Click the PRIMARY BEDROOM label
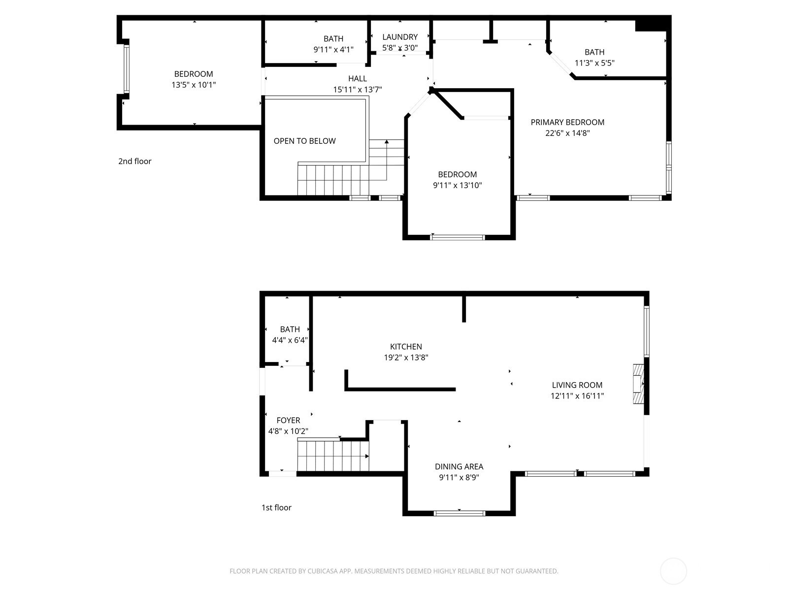click(567, 122)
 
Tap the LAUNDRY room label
click(400, 37)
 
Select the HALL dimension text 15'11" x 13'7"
click(357, 90)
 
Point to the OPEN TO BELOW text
click(304, 141)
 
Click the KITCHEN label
click(406, 347)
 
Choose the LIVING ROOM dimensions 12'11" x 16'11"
click(577, 396)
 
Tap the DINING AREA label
click(459, 466)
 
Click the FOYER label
click(288, 420)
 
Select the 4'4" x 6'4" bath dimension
click(290, 340)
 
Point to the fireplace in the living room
click(638, 384)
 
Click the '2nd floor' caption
click(135, 162)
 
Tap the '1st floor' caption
click(276, 507)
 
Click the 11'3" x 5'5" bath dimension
click(594, 63)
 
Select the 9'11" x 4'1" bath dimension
click(333, 50)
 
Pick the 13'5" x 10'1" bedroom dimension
click(194, 85)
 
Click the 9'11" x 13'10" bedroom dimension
click(458, 186)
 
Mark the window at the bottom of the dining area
click(459, 513)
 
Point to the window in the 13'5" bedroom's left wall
click(127, 68)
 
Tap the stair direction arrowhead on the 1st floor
click(367, 457)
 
